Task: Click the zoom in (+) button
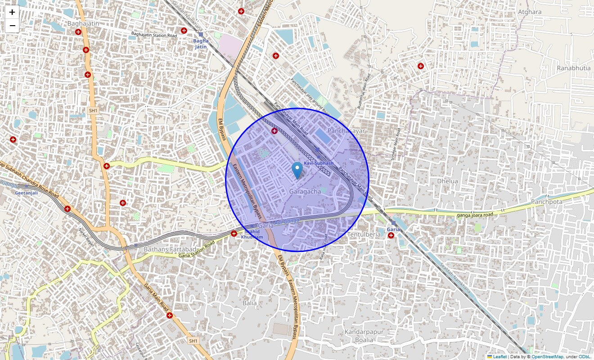pos(12,12)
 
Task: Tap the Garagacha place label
pos(305,192)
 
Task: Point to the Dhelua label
pos(447,181)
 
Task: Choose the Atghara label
pos(530,12)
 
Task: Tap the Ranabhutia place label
pos(574,68)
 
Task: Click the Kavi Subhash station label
pos(319,163)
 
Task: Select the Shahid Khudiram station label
pos(252,234)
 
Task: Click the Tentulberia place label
pos(364,234)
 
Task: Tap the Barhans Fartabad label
pos(170,249)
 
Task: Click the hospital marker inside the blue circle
pos(274,130)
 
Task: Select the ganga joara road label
pos(475,215)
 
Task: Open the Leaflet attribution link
pos(499,357)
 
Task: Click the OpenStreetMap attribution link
pos(547,357)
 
